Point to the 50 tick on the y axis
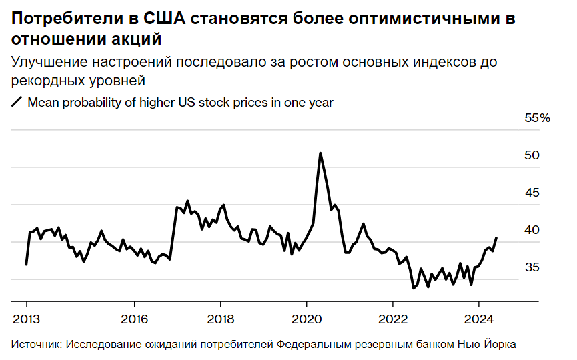(532, 155)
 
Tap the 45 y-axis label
(532, 193)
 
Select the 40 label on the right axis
(532, 230)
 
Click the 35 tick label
(532, 267)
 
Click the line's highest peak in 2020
(320, 153)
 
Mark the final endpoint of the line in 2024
(496, 237)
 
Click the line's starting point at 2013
(26, 265)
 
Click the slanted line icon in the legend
(17, 103)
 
